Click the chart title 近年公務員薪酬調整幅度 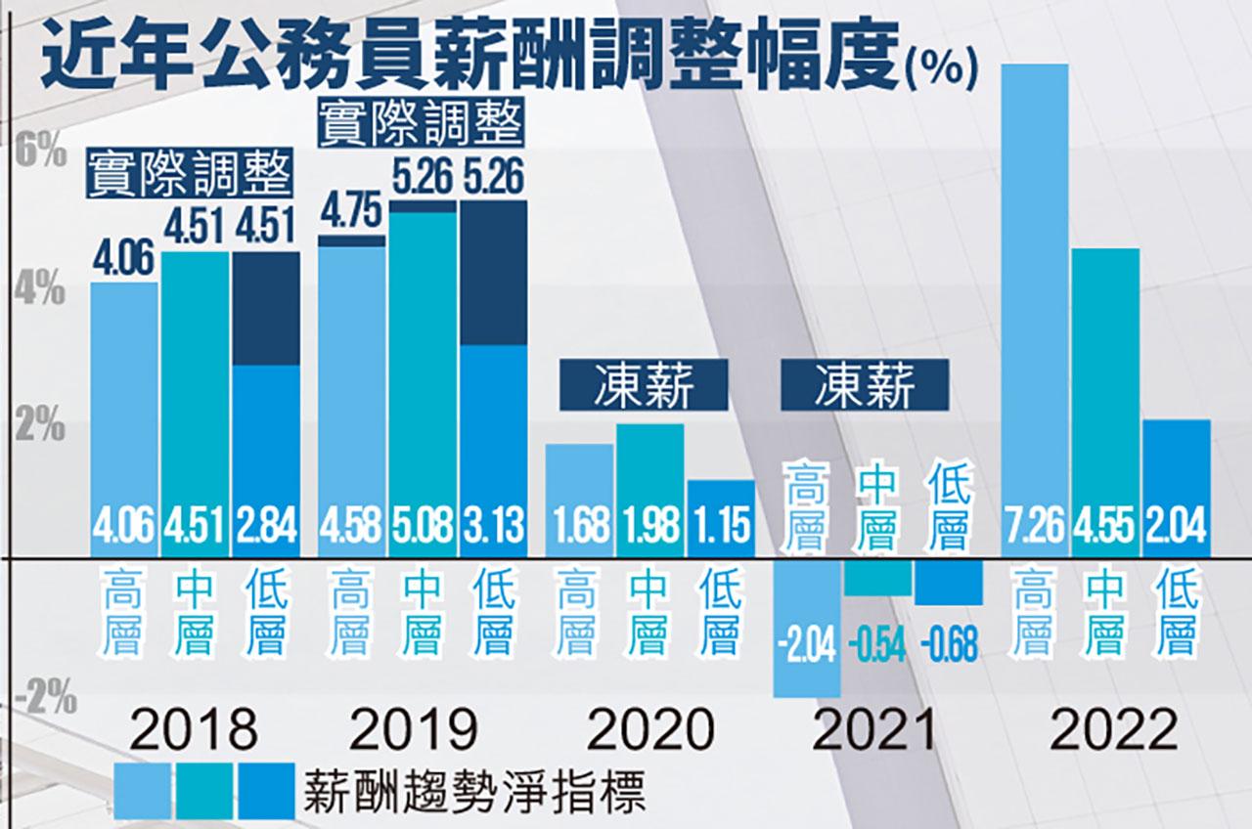click(469, 61)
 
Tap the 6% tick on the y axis click(40, 153)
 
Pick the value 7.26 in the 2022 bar click(1035, 531)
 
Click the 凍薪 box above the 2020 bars click(644, 387)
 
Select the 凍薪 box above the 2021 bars click(864, 387)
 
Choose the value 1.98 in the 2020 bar click(649, 531)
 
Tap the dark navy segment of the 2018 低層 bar click(266, 308)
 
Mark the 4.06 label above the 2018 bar click(122, 262)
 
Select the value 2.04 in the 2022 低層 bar click(1176, 531)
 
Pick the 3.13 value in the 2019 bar click(494, 531)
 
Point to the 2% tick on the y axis click(40, 427)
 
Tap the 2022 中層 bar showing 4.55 click(1105, 391)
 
